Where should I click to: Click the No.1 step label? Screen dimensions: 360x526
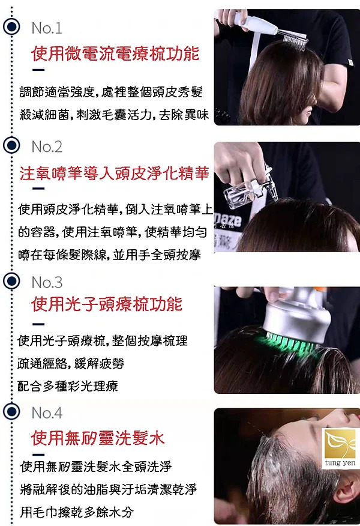pyautogui.click(x=47, y=28)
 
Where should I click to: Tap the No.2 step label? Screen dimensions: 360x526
pyautogui.click(x=47, y=147)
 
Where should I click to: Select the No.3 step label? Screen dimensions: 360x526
pyautogui.click(x=47, y=282)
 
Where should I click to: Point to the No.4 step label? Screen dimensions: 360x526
pyautogui.click(x=47, y=413)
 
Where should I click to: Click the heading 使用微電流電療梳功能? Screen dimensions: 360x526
pyautogui.click(x=115, y=54)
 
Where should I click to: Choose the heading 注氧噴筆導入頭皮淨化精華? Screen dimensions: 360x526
pyautogui.click(x=115, y=173)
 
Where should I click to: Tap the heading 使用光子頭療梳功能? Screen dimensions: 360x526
pyautogui.click(x=107, y=304)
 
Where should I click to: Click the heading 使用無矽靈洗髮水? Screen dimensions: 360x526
pyautogui.click(x=98, y=438)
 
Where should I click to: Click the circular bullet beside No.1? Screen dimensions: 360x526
pyautogui.click(x=11, y=26)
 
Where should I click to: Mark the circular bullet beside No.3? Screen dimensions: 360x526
pyautogui.click(x=11, y=281)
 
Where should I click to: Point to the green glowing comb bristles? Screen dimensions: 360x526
pyautogui.click(x=290, y=342)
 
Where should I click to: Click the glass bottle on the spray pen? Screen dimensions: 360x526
pyautogui.click(x=239, y=193)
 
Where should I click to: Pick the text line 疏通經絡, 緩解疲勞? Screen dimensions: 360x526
pyautogui.click(x=71, y=363)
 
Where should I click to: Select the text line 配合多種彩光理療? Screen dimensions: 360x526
pyautogui.click(x=68, y=386)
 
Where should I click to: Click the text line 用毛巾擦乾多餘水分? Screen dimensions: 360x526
pyautogui.click(x=77, y=512)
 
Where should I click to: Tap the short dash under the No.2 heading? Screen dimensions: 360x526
pyautogui.click(x=38, y=189)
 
